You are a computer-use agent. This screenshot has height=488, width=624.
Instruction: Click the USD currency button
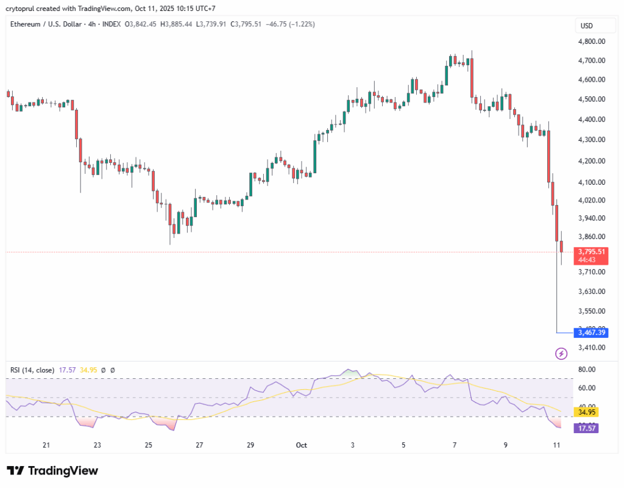pos(587,26)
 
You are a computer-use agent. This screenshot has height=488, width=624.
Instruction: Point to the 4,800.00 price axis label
pos(591,41)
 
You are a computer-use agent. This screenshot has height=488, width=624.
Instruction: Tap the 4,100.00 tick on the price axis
pos(591,182)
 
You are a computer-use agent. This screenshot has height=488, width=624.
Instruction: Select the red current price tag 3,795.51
pos(591,252)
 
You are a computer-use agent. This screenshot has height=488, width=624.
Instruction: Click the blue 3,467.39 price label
pos(592,332)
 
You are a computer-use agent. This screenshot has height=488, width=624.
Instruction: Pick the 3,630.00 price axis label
pos(591,291)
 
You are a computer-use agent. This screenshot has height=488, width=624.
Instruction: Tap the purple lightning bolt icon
pos(561,353)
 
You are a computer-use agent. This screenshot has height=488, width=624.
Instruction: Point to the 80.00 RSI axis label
pos(587,369)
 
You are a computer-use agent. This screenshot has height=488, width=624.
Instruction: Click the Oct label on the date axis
pos(301,445)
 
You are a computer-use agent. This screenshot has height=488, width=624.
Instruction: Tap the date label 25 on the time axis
pos(148,445)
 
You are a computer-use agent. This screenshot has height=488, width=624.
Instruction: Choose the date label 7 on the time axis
pos(455,445)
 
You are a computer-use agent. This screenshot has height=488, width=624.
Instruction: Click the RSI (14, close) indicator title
pos(32,370)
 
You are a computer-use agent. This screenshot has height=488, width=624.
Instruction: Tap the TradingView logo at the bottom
pos(52,471)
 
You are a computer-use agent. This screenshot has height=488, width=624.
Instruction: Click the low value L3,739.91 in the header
pos(211,24)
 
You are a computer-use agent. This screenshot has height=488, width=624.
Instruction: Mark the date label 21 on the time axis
pos(46,445)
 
